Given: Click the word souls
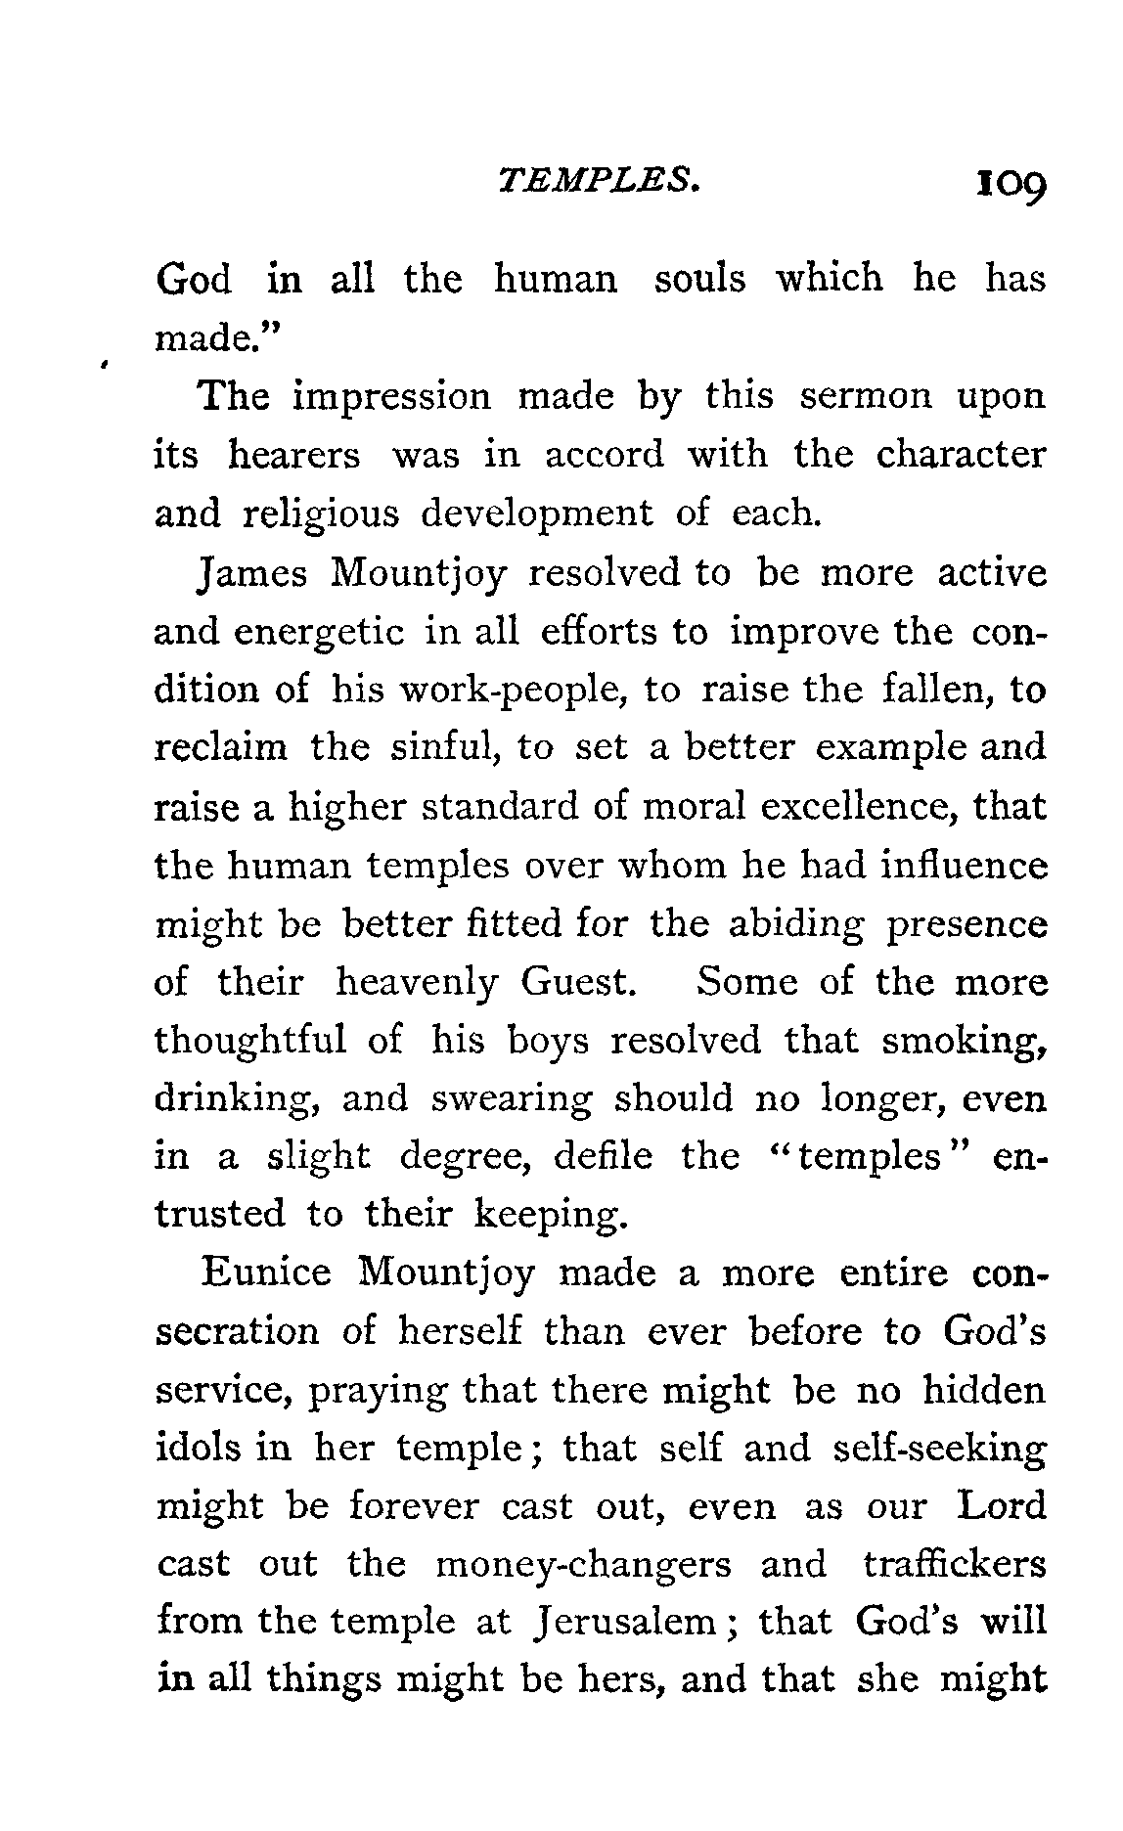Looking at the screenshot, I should [x=698, y=280].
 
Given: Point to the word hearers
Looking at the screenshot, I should [x=293, y=456].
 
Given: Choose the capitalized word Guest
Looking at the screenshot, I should [x=579, y=982].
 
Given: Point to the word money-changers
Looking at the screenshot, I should [x=583, y=1565].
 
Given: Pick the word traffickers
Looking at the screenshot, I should [x=955, y=1564].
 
